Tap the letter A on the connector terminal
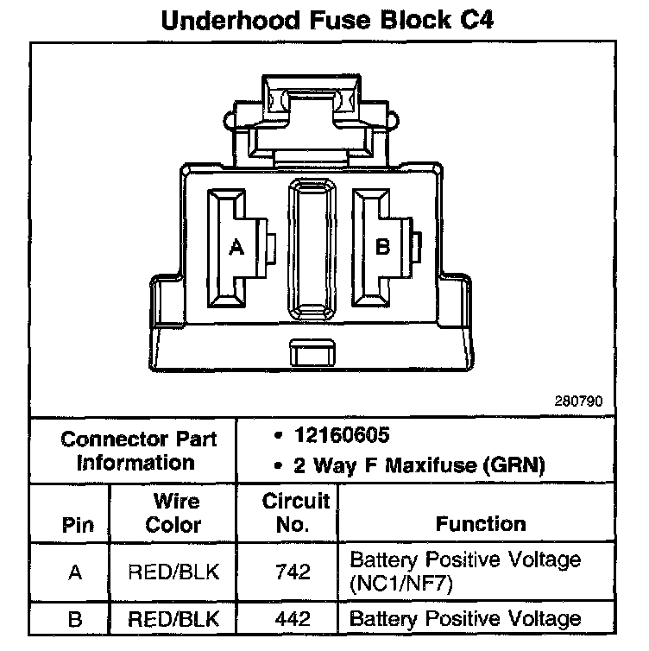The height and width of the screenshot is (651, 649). point(236,247)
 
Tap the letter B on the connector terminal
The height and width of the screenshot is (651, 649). point(383,247)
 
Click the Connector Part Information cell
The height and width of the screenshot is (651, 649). point(138,450)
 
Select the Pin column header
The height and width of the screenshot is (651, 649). point(74,525)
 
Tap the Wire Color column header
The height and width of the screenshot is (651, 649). point(176,513)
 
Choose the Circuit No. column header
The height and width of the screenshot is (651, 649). point(296,513)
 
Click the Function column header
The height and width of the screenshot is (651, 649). point(480,524)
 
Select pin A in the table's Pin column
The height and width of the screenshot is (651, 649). point(74,572)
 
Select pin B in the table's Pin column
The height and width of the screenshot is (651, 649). point(74,619)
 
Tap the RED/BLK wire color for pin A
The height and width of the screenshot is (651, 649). point(176,572)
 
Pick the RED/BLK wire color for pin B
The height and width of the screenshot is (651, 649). point(176,619)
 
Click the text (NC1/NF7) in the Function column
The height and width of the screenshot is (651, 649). point(402,583)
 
